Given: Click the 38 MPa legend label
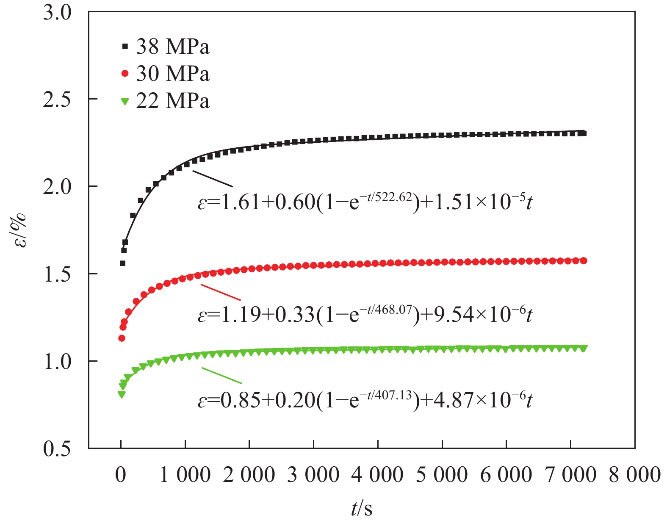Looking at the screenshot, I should [x=172, y=47].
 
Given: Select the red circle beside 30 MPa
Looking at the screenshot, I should [x=125, y=74].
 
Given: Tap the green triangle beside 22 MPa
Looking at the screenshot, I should [x=125, y=101].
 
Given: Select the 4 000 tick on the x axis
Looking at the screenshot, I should [x=377, y=475].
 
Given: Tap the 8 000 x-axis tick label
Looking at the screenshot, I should [x=634, y=475].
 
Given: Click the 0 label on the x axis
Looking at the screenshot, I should [x=121, y=475].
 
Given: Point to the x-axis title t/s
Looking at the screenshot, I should [x=362, y=508].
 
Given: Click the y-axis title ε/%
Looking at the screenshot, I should [x=20, y=231].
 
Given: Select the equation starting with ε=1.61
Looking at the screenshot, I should [x=365, y=202].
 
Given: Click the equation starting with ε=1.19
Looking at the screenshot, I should [x=365, y=314].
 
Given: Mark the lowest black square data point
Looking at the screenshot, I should [x=123, y=263].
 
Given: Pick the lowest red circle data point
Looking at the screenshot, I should [x=122, y=338].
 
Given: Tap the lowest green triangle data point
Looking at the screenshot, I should [x=122, y=395].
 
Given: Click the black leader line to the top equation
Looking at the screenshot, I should [x=212, y=178].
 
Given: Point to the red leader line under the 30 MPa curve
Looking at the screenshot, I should [x=220, y=292].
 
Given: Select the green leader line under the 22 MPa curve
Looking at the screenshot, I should [x=221, y=375].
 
